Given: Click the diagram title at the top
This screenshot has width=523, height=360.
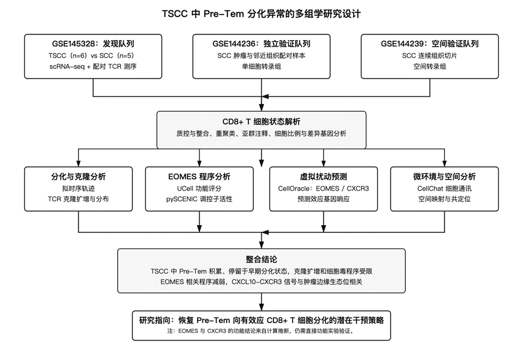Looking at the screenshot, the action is tap(261, 14).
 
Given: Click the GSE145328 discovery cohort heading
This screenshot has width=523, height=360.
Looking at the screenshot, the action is tap(93, 44).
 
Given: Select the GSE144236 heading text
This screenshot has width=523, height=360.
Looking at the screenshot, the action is tap(261, 44).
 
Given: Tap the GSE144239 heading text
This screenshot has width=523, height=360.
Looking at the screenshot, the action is tap(430, 44).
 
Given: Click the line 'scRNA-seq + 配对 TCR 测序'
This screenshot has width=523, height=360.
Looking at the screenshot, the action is tap(93, 67).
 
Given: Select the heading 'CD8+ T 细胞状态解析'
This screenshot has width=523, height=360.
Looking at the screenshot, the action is tap(261, 122).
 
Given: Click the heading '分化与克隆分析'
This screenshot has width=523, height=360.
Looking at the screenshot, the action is tap(79, 177).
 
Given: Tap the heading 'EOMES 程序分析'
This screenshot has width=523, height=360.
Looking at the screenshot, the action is tap(199, 177).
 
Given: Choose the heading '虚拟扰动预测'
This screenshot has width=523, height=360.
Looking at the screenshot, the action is tap(323, 177).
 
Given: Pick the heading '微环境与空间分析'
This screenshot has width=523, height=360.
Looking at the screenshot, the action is tap(444, 177).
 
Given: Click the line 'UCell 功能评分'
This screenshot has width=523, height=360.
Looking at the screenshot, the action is tap(199, 189).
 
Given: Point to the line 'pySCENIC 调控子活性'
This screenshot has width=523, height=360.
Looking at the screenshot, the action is tap(199, 199).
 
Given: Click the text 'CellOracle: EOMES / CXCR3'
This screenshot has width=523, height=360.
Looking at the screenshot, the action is tap(323, 189).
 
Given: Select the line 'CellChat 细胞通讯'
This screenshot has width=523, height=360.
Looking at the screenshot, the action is tap(444, 189).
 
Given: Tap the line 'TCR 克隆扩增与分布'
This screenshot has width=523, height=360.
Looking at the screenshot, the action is tap(79, 199).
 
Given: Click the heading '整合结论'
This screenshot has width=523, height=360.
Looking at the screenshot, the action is tap(261, 259).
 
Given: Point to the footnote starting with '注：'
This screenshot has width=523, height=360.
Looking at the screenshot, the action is tap(261, 332).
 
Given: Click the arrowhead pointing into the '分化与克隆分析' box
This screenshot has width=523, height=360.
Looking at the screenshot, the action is tap(79, 163).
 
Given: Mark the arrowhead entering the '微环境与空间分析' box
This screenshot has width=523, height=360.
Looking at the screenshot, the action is tap(444, 163).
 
